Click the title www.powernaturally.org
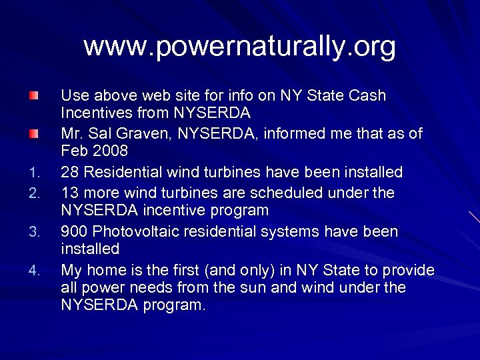239,47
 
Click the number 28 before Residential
69,173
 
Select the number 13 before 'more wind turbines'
69,193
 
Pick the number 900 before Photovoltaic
74,232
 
